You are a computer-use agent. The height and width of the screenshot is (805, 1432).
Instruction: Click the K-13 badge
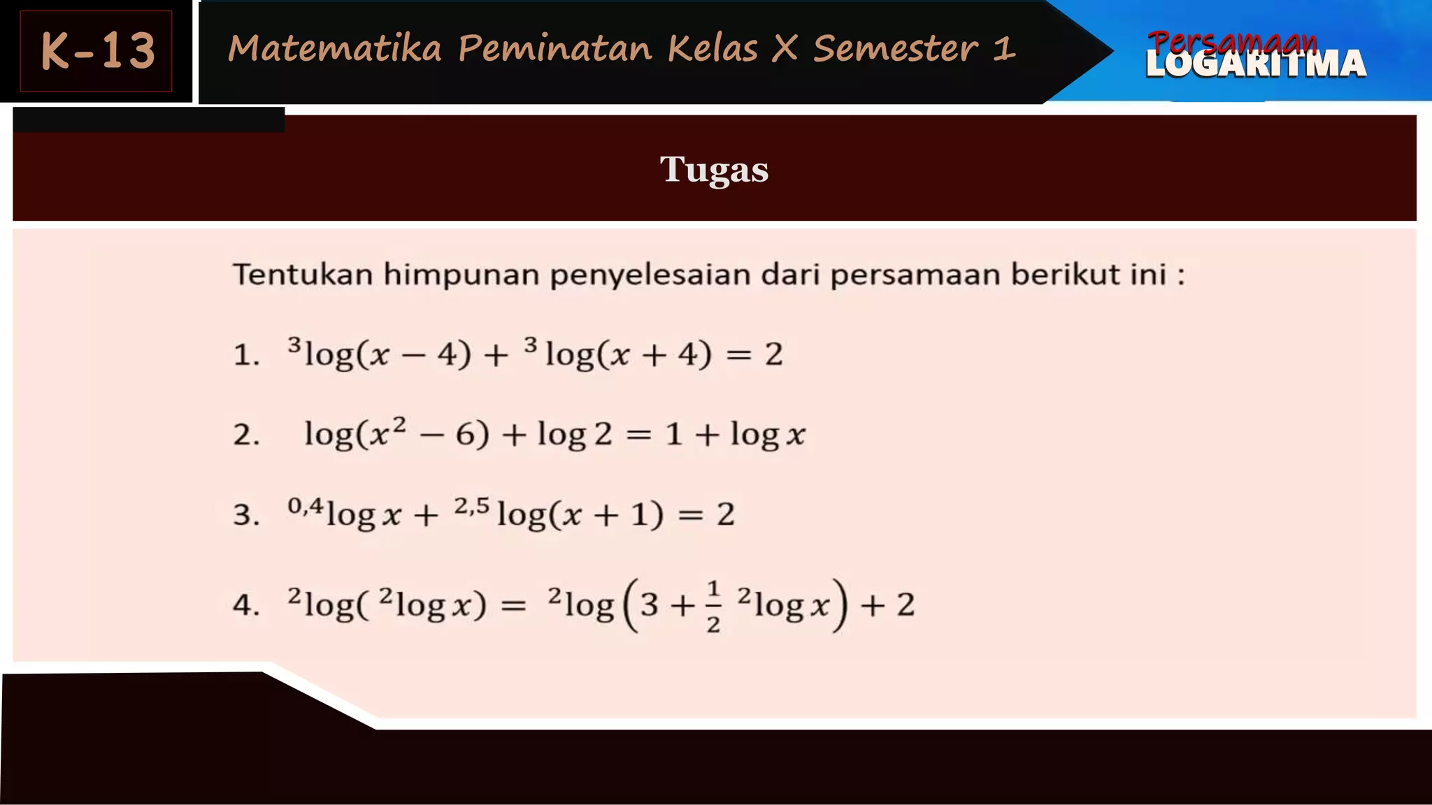96,51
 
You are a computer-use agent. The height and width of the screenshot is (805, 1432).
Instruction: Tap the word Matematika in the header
335,49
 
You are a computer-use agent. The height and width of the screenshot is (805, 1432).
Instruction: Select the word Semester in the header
896,49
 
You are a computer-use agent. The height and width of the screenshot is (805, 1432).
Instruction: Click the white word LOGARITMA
1256,65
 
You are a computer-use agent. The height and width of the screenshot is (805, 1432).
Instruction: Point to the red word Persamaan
1232,41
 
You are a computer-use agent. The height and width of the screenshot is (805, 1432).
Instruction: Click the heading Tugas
714,169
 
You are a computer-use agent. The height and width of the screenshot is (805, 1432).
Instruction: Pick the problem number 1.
245,355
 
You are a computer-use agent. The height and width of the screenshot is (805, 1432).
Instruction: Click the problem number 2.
245,435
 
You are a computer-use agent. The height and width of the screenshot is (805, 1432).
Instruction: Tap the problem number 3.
245,515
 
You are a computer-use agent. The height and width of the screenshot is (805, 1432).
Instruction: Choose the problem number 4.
245,605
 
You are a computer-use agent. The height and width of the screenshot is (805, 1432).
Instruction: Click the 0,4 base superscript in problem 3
306,505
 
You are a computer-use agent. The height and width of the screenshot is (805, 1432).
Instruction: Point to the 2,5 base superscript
471,505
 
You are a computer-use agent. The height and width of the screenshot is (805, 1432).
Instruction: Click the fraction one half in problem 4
713,606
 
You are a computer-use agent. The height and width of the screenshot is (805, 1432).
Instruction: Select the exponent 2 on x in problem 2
399,423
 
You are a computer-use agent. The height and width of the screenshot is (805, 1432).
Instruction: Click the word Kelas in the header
712,49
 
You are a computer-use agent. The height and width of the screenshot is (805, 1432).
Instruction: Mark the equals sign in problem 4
513,606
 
